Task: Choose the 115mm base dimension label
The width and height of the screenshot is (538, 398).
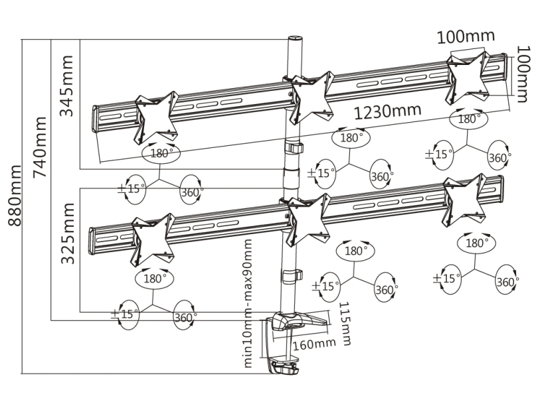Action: (x=344, y=323)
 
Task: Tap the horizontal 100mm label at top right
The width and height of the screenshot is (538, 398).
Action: (x=466, y=36)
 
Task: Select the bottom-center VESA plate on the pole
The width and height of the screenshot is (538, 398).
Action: (x=308, y=220)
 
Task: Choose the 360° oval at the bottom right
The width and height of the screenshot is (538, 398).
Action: (x=507, y=282)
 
